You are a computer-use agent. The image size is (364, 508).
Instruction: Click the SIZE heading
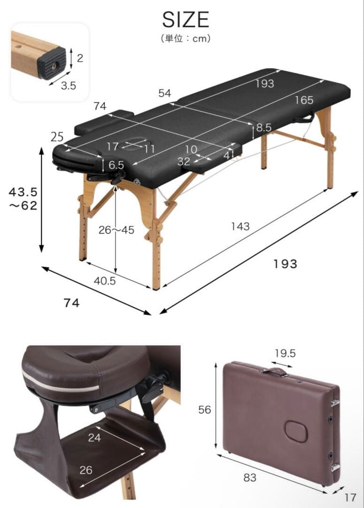click(x=186, y=19)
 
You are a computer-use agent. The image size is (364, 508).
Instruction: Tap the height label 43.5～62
click(x=23, y=198)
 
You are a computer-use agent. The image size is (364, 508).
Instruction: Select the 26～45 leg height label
click(x=116, y=230)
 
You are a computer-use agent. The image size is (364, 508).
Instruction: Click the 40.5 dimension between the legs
click(x=105, y=280)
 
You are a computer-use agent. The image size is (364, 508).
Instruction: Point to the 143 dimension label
click(x=240, y=226)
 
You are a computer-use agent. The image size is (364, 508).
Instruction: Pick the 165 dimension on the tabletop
click(x=304, y=100)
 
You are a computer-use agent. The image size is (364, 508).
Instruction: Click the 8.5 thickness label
click(x=263, y=127)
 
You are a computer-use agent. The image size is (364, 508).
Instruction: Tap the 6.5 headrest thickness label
click(x=116, y=165)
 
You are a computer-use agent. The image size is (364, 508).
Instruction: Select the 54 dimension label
click(x=164, y=93)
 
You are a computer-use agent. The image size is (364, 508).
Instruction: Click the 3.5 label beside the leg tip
click(x=68, y=86)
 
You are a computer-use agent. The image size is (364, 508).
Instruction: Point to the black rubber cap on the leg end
click(x=52, y=63)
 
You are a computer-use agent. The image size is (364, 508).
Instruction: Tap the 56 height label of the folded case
click(x=204, y=410)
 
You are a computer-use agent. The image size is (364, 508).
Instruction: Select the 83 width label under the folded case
click(x=250, y=477)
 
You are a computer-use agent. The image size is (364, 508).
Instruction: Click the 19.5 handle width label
click(x=285, y=353)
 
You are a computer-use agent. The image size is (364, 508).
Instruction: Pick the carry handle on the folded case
click(x=274, y=372)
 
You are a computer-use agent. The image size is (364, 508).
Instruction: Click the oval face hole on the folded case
click(x=295, y=431)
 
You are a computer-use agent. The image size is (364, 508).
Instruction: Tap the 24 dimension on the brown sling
click(x=94, y=437)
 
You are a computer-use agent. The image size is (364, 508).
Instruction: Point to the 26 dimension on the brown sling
click(x=86, y=470)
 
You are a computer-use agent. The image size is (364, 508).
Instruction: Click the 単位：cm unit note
click(x=186, y=39)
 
